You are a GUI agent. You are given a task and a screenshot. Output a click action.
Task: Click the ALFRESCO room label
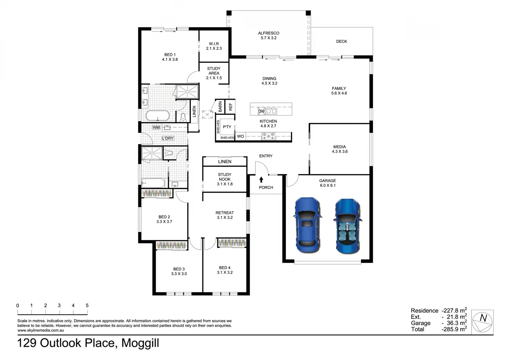coord(269,33)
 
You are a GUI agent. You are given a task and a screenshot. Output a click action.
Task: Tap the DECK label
coord(342,42)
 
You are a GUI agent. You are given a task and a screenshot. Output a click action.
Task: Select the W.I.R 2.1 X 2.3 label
coord(214,46)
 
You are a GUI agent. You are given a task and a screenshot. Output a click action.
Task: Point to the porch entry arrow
coord(261,180)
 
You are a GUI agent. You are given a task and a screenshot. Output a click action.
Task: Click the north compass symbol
coord(482,323)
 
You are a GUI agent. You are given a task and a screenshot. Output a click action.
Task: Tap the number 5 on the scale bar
coord(87,305)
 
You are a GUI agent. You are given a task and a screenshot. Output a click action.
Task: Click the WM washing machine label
coord(156,127)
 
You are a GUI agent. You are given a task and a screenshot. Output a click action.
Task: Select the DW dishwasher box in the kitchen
coord(261,111)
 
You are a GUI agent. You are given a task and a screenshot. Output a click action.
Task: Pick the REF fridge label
coord(230,107)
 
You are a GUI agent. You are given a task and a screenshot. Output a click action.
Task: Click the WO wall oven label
coord(240,136)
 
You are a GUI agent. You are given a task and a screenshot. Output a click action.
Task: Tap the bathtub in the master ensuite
coord(158,116)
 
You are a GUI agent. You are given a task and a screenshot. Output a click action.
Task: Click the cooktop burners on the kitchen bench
coord(269,136)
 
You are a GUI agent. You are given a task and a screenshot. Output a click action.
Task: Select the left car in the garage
coord(307,225)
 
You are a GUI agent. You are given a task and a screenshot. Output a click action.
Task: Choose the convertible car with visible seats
coord(348,226)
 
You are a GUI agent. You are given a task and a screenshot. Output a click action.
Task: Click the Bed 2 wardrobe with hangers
coord(156,193)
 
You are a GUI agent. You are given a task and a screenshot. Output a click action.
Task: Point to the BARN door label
coord(220,107)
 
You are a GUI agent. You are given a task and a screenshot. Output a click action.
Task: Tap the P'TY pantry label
coord(227,127)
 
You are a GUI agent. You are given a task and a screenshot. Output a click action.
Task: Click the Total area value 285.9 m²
coord(454,329)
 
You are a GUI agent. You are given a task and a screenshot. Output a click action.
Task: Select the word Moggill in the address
coord(140,343)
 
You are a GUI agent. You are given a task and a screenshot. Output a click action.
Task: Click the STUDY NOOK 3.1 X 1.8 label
coord(225,179)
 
